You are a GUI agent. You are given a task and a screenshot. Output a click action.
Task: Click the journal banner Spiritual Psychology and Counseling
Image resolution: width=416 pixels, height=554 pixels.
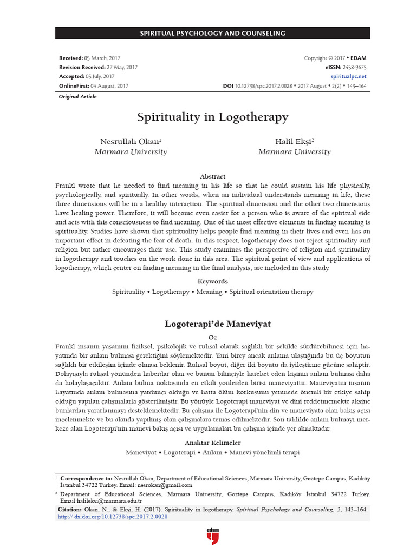pyautogui.click(x=212, y=34)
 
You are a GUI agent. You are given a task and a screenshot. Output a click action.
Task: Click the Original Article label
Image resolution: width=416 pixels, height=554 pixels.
pyautogui.click(x=77, y=97)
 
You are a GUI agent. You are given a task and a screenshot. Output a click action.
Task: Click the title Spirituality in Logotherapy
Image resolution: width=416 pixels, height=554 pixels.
pyautogui.click(x=212, y=117)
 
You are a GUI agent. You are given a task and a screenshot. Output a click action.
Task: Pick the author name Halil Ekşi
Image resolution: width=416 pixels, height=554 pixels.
pyautogui.click(x=295, y=141)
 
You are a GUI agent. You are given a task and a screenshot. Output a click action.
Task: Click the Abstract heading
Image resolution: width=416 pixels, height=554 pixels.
pyautogui.click(x=212, y=176)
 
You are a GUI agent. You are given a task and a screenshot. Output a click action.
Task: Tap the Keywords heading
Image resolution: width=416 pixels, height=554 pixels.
pyautogui.click(x=212, y=281)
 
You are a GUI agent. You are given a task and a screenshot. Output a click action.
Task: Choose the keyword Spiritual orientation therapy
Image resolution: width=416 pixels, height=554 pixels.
pyautogui.click(x=271, y=292)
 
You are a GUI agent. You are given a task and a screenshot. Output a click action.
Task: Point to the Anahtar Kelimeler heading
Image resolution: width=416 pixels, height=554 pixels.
pyautogui.click(x=212, y=442)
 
